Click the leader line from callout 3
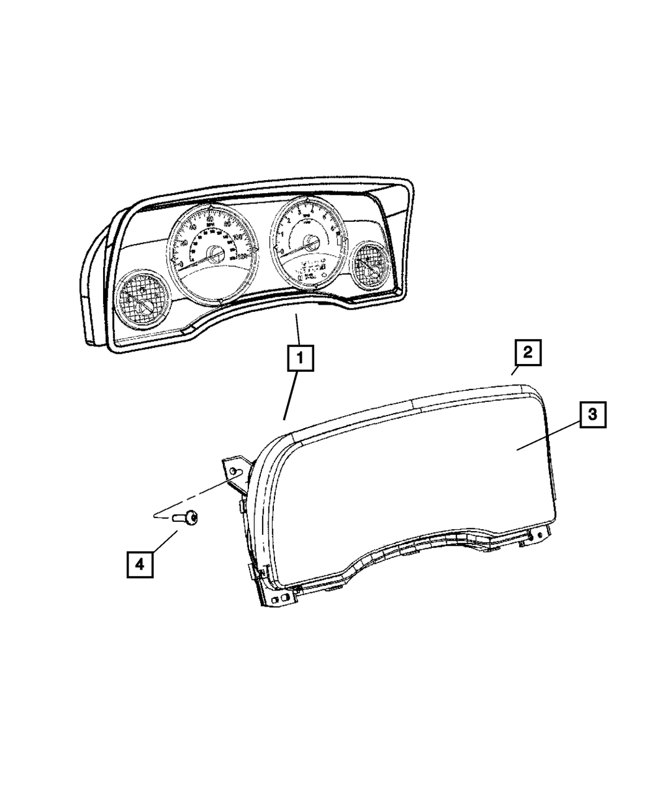pos(548,436)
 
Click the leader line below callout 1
pos(291,395)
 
